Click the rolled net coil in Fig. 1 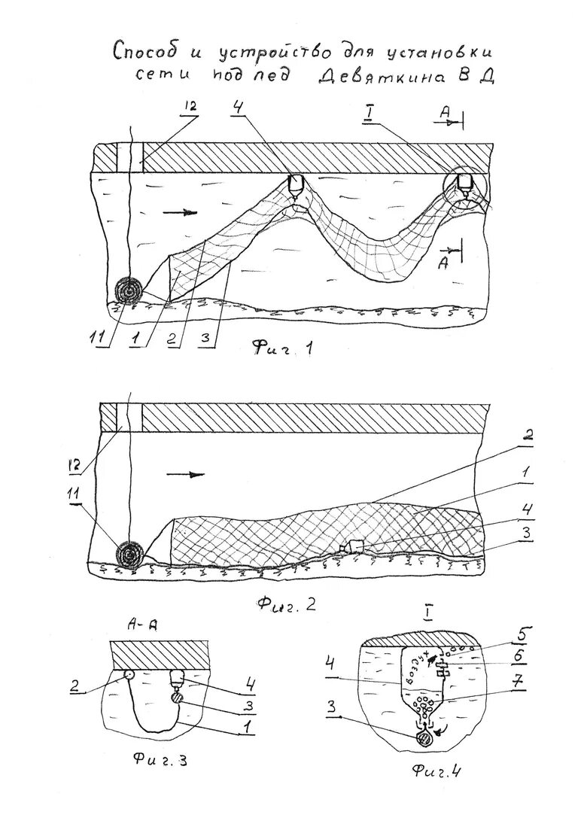129,290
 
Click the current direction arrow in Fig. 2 185,474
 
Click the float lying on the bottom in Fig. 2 352,546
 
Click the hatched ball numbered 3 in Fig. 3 178,698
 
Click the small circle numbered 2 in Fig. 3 128,674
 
